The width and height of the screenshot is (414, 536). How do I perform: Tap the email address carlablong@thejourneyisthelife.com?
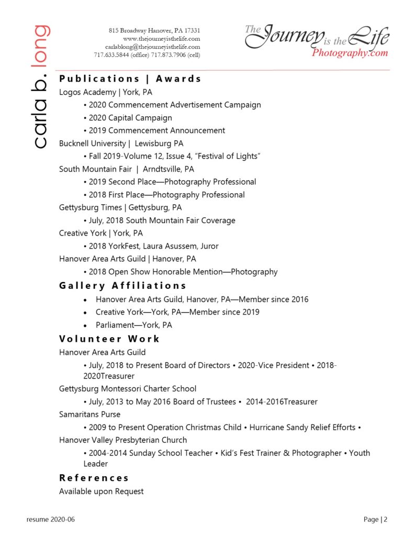click(x=152, y=47)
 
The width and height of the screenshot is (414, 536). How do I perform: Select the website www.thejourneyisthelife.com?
click(x=161, y=39)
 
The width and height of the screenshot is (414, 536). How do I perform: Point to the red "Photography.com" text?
click(x=350, y=53)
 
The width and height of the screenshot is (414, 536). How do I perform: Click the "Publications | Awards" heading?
click(x=130, y=79)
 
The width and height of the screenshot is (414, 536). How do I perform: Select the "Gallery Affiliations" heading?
click(x=122, y=286)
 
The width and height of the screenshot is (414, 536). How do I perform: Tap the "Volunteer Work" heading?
click(x=109, y=339)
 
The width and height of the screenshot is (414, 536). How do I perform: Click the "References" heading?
click(x=94, y=478)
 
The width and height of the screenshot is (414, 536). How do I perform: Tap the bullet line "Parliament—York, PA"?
click(x=133, y=325)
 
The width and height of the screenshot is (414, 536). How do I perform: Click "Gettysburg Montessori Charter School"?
click(x=128, y=389)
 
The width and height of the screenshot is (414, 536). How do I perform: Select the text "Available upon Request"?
click(x=101, y=492)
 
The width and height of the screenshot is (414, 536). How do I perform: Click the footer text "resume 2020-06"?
click(x=51, y=520)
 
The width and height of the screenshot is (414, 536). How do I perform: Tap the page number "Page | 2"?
click(x=376, y=520)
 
